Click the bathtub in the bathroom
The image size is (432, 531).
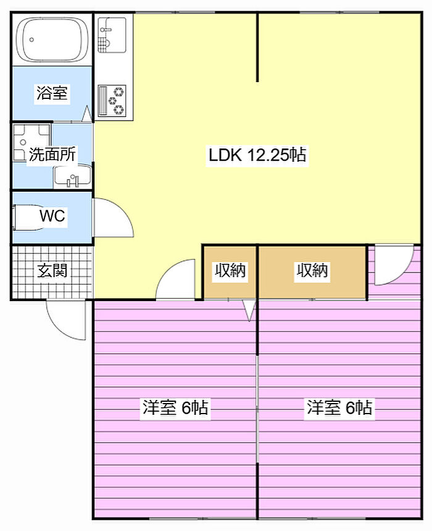click(x=52, y=40)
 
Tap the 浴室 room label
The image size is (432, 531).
click(x=52, y=93)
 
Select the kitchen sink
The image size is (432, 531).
click(x=112, y=35)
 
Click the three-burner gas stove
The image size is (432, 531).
click(x=112, y=101)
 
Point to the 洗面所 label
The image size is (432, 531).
click(x=52, y=155)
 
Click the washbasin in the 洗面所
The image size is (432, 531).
click(x=72, y=176)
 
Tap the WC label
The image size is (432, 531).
click(x=52, y=216)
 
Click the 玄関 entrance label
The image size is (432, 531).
click(x=52, y=270)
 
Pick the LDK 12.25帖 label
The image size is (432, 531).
click(x=257, y=155)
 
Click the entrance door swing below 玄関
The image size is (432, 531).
click(x=66, y=320)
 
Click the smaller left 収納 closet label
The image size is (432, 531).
click(x=230, y=270)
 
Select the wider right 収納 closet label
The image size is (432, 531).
click(x=312, y=270)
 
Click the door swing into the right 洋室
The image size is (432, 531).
click(x=394, y=265)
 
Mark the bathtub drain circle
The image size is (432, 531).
click(x=31, y=40)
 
